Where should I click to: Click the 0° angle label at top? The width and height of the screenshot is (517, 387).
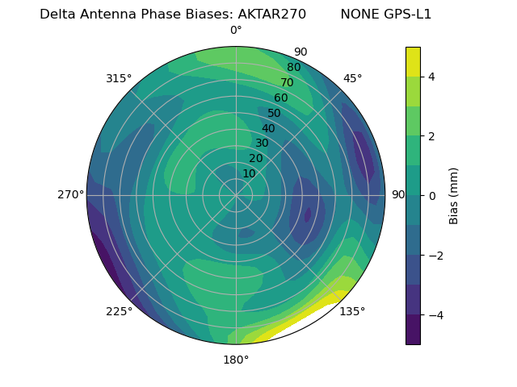click(x=236, y=31)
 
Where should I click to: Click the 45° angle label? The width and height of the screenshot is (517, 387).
click(x=352, y=78)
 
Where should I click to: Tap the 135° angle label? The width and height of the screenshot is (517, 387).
click(x=352, y=311)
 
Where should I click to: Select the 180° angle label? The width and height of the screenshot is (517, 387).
click(x=236, y=360)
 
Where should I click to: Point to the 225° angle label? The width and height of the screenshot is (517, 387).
click(x=119, y=311)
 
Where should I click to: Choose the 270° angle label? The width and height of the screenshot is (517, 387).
click(x=70, y=195)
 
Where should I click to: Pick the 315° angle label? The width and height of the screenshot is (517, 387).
click(x=119, y=78)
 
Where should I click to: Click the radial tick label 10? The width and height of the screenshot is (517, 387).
click(x=249, y=174)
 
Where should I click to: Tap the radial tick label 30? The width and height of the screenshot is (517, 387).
click(x=262, y=144)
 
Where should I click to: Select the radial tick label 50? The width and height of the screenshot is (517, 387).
click(x=275, y=114)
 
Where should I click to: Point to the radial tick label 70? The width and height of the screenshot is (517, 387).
click(x=288, y=83)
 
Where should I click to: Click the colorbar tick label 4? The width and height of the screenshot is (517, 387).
click(x=432, y=77)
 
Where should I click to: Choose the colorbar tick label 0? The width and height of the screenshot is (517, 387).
click(x=432, y=196)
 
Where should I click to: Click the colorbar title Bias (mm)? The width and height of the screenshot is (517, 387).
click(x=454, y=195)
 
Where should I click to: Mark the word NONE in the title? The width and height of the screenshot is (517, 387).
click(x=358, y=15)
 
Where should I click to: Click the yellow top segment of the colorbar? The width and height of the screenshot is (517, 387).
click(x=413, y=62)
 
